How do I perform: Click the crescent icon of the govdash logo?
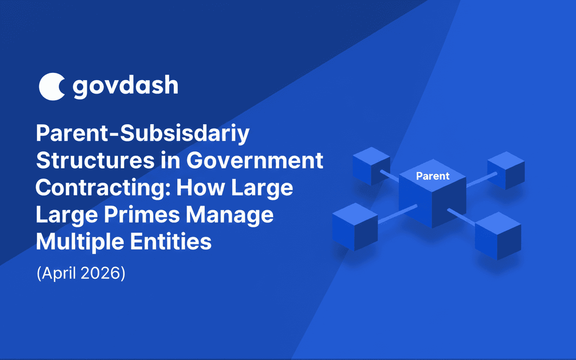click(x=51, y=86)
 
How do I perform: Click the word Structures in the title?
click(x=95, y=161)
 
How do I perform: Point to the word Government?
click(x=255, y=161)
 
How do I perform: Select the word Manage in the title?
click(x=229, y=216)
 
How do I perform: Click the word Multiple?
click(x=80, y=243)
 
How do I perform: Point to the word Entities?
click(x=171, y=242)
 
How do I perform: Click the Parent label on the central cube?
click(x=433, y=176)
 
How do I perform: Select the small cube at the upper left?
click(x=371, y=166)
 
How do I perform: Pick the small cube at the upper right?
click(x=506, y=171)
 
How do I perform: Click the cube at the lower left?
click(x=355, y=227)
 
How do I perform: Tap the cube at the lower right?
click(x=498, y=236)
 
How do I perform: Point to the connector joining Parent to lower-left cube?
click(x=397, y=214)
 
